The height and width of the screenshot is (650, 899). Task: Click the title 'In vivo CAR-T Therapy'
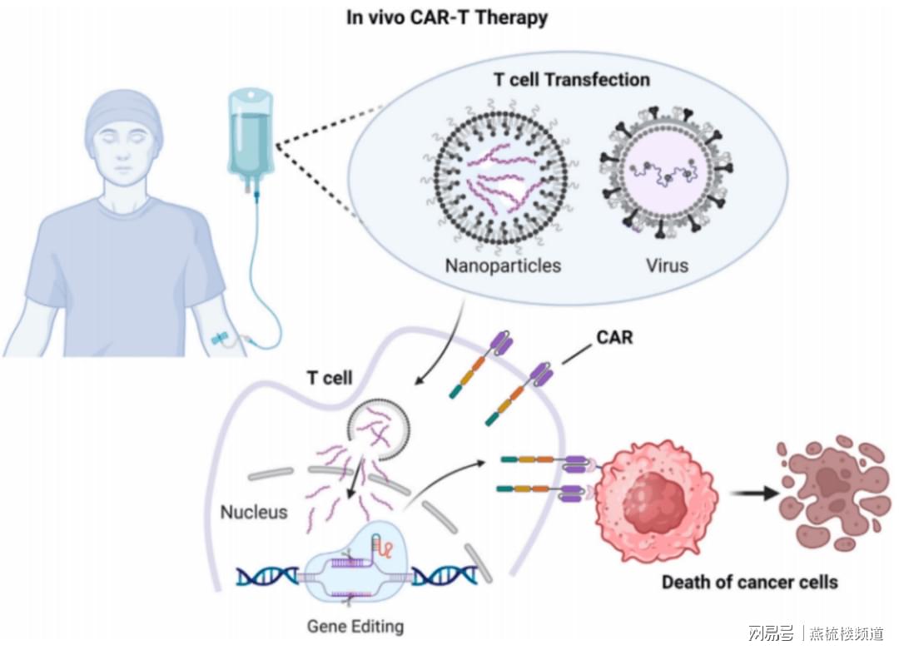[x=447, y=17]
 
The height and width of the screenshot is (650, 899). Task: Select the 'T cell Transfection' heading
[x=572, y=80]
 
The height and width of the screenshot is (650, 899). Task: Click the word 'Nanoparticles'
[x=503, y=265]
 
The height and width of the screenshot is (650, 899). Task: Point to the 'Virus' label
[x=667, y=265]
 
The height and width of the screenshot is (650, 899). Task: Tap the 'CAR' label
[x=614, y=337]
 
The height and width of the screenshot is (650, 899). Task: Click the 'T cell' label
[x=330, y=378]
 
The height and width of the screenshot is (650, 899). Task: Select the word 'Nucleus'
[x=254, y=512]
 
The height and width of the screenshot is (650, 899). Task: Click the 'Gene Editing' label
[x=355, y=626]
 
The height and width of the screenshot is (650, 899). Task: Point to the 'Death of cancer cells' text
[x=750, y=583]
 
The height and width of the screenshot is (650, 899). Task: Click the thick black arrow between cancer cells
[x=756, y=493]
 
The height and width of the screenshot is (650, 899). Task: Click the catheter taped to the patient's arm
[x=221, y=339]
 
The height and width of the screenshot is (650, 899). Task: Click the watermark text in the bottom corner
[x=816, y=633]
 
